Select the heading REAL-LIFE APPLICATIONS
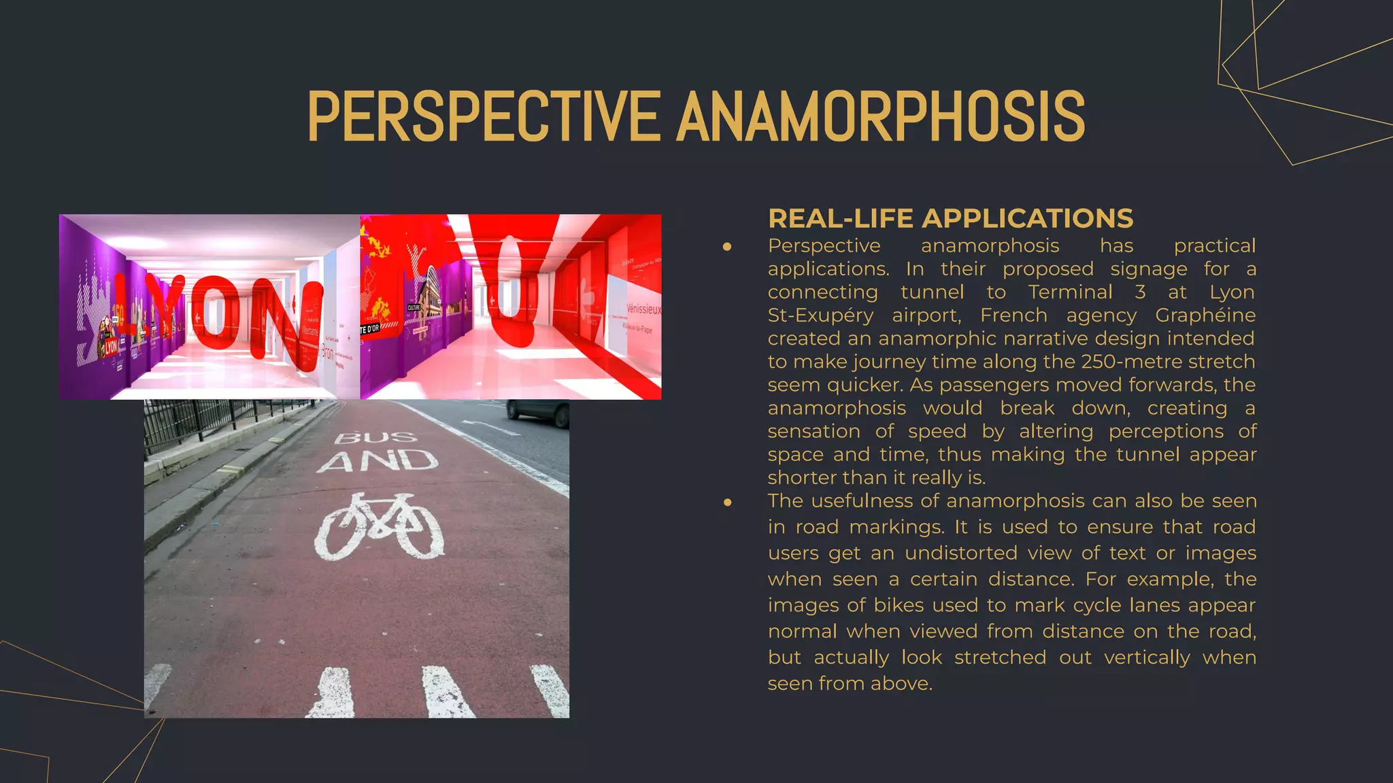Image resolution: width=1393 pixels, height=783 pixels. point(950,219)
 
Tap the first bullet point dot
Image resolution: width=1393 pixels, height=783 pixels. point(727,247)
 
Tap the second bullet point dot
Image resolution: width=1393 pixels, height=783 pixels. point(727,502)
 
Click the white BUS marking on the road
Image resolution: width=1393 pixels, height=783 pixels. point(375,436)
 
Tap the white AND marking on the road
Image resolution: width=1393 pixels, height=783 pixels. point(377,462)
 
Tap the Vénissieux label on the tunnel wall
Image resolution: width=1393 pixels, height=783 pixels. point(643,309)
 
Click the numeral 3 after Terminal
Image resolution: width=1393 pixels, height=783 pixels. point(1140,292)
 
